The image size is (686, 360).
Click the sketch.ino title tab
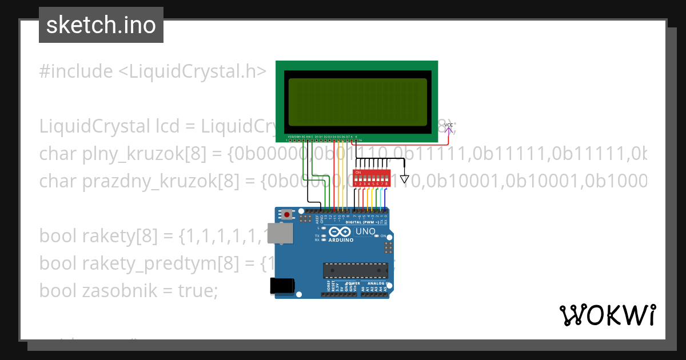pos(101,25)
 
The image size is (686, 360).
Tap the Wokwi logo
pos(607,315)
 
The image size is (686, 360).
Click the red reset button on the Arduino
pos(287,215)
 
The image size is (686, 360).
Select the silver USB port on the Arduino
pos(280,234)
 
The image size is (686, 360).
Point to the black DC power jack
pos(282,286)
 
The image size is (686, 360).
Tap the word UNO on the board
pos(366,231)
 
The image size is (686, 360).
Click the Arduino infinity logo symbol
pos(340,232)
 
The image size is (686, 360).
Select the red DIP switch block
pos(372,177)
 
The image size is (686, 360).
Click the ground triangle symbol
pos(405,178)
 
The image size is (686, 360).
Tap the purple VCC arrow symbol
pos(449,130)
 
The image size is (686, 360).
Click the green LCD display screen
pos(357,102)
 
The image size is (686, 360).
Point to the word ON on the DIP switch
pos(358,171)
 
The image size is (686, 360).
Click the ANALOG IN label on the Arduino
pos(376,283)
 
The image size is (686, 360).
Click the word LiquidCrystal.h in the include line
pos(192,71)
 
